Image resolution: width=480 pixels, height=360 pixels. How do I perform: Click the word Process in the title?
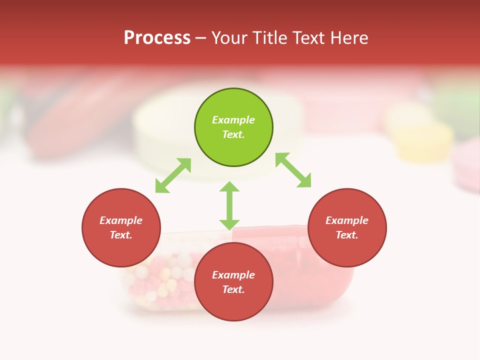pyautogui.click(x=157, y=38)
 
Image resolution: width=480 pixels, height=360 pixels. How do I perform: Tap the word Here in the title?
pyautogui.click(x=349, y=38)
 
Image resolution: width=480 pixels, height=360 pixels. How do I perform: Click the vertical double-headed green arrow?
pyautogui.click(x=229, y=205)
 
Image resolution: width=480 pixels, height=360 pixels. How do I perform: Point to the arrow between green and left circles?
pyautogui.click(x=173, y=175)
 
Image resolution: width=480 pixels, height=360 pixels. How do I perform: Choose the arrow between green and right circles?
pyautogui.click(x=293, y=170)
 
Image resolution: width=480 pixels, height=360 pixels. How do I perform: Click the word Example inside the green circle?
pyautogui.click(x=233, y=120)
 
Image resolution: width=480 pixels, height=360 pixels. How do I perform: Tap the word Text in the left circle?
pyautogui.click(x=121, y=235)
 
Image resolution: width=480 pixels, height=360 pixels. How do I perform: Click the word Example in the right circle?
pyautogui.click(x=347, y=220)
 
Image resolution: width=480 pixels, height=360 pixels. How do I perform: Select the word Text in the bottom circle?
pyautogui.click(x=233, y=289)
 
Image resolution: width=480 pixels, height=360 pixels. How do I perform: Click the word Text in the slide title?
pyautogui.click(x=309, y=38)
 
